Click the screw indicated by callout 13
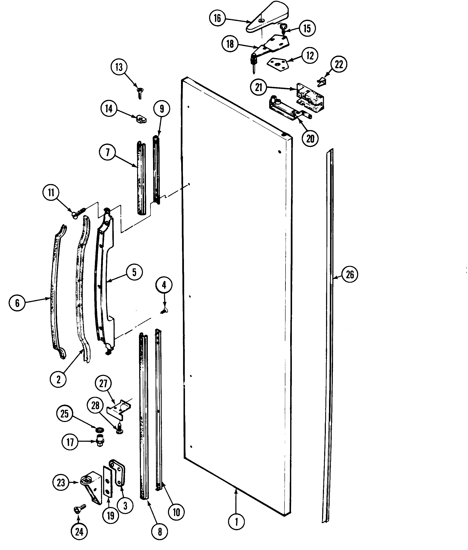coord(139,93)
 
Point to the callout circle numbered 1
coord(236,522)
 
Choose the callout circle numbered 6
coord(17,303)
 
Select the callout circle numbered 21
coord(259,87)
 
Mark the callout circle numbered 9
coord(162,108)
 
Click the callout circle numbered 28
coord(95,405)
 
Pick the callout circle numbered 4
coord(164,285)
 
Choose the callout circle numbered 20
coord(310,138)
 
